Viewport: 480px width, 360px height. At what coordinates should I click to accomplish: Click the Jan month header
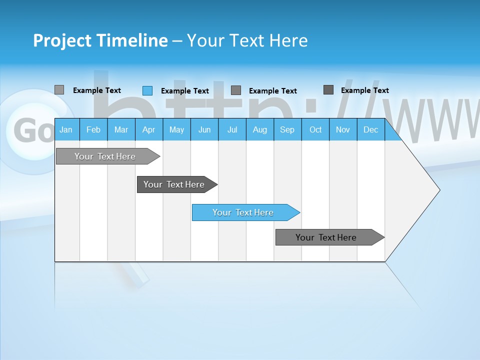coord(66,129)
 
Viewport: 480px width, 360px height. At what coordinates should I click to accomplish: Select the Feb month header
coord(93,129)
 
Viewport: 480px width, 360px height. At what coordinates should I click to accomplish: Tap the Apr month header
coord(148,129)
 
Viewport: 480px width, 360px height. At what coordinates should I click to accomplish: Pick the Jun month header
coord(204,129)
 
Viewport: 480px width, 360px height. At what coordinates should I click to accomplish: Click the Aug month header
coord(260,129)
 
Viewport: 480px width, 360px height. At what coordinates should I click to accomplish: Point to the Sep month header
coord(287,129)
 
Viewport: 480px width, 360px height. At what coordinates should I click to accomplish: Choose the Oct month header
coord(315,129)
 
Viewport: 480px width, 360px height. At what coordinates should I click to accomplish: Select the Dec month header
coord(371,129)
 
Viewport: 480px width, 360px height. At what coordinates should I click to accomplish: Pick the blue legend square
coord(147,90)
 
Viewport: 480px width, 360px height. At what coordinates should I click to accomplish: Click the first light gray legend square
coord(59,90)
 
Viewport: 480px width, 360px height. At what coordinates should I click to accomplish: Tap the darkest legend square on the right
coord(328,90)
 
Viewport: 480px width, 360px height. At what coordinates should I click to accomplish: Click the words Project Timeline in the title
coord(100,40)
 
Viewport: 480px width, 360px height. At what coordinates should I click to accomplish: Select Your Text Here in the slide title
coord(247,40)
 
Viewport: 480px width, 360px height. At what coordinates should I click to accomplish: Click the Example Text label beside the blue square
coord(185,91)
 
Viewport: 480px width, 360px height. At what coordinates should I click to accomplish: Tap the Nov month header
coord(343,129)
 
